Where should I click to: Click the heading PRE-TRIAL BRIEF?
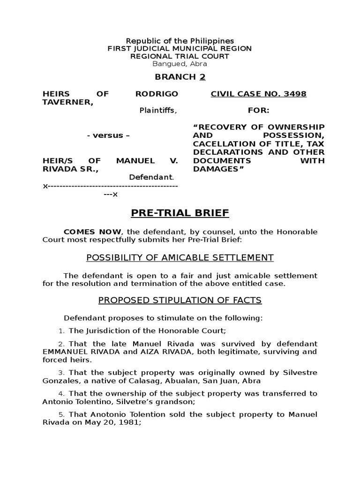point(180,213)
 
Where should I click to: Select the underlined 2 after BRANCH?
point(202,77)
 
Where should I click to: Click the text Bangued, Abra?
point(180,64)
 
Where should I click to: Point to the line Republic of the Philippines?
point(180,41)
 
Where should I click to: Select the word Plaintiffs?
point(158,111)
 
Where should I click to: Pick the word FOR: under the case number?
point(258,111)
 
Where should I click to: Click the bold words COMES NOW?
point(92,232)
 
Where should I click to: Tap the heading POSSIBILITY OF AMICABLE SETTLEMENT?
point(180,257)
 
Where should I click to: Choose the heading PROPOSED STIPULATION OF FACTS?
point(180,300)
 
